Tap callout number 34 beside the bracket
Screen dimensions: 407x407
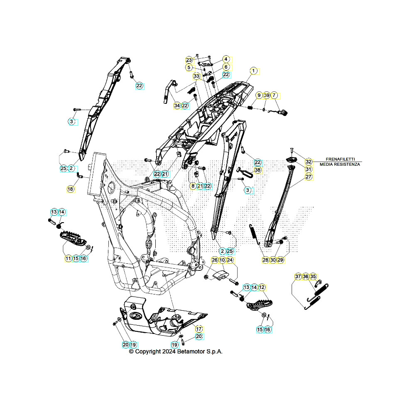point(177,106)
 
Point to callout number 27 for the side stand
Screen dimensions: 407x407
point(309,177)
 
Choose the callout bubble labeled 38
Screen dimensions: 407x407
point(258,170)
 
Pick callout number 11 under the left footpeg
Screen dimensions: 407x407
point(68,258)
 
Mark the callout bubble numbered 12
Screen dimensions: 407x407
point(262,287)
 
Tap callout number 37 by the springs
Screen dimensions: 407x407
point(298,277)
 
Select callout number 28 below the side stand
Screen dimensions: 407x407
point(265,260)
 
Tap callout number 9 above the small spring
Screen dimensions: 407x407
point(259,96)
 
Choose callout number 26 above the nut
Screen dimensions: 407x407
point(215,260)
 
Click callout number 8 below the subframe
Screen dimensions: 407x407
point(193,186)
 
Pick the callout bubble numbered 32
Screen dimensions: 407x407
point(309,162)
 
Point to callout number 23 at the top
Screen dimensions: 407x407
point(189,60)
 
